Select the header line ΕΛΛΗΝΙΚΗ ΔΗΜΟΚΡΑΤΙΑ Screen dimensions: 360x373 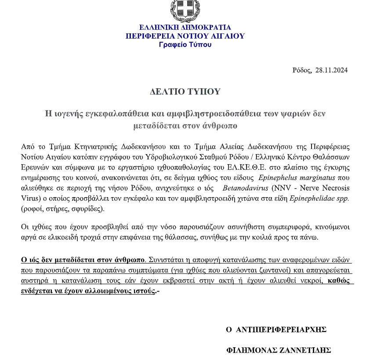click(185, 27)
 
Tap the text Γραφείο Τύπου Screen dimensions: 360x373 click(185, 44)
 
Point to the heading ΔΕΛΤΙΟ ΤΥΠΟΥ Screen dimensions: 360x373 click(185, 92)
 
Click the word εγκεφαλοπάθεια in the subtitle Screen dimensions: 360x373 click(117, 113)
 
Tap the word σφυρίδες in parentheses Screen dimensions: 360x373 click(88, 209)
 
